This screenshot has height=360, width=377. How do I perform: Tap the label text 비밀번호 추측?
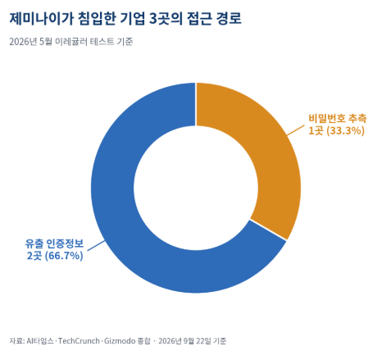coord(338,118)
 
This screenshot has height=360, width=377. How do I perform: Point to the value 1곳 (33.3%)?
coord(336,130)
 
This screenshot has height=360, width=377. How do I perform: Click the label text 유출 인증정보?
coord(54,244)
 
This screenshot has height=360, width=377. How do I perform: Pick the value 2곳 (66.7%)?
coord(55,256)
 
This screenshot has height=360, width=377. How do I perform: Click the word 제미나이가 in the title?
coord(42,19)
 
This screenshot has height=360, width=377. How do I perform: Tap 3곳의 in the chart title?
coord(166,19)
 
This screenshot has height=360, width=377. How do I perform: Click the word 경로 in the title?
coord(229,19)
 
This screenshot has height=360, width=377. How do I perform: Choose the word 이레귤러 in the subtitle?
coord(71,42)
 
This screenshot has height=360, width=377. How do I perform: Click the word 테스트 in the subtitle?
coord(102,42)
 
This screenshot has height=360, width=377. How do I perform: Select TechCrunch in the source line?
coord(79,341)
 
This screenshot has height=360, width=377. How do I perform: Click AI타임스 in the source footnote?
coord(40,341)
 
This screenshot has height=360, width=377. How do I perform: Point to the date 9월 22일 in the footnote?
coord(198,341)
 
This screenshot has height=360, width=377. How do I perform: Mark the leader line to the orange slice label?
coord(295,130)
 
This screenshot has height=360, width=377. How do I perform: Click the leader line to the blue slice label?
coord(96,245)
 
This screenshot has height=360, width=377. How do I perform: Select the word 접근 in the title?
coord(199,19)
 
